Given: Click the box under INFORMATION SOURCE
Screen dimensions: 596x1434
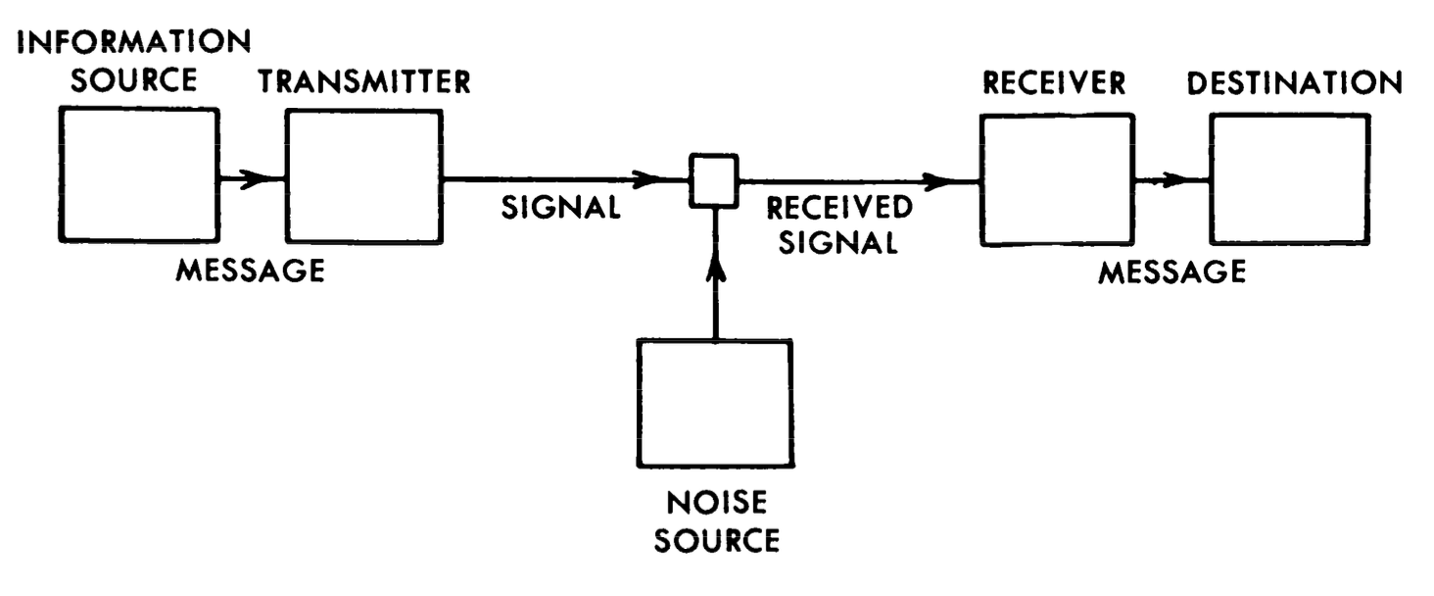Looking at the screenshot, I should (x=136, y=174).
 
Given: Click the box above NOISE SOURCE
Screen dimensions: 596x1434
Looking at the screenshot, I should (x=716, y=403).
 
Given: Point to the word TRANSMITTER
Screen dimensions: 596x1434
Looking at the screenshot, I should (x=364, y=82).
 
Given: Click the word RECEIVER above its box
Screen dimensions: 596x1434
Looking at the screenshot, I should (x=1055, y=84).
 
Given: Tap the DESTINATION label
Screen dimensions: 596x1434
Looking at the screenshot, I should (x=1294, y=84).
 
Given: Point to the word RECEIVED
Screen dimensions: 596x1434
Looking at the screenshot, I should (x=839, y=209).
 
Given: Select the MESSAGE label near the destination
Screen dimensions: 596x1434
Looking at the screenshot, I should (x=1171, y=271).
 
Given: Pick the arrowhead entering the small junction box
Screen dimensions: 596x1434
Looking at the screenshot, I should (x=647, y=179).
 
